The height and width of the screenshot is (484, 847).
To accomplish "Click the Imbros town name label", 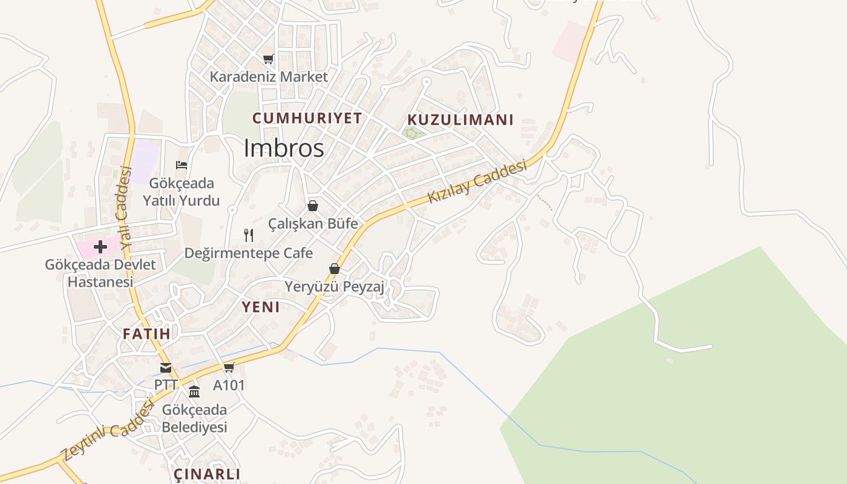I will (284, 148).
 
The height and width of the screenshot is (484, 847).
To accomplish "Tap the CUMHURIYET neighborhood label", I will (307, 118).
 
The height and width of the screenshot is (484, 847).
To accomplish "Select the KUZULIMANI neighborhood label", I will (460, 120).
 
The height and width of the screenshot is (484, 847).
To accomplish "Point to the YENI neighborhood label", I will (261, 307).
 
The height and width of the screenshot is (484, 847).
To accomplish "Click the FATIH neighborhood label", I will (146, 333).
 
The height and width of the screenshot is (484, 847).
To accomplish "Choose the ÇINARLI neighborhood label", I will (207, 474).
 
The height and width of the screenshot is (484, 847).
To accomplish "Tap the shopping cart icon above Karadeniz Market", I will (269, 59).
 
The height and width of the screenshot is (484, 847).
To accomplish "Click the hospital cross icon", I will (100, 246).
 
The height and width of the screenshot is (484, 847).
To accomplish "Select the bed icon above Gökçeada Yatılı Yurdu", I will (181, 165).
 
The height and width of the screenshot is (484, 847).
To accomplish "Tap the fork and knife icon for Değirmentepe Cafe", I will (249, 235).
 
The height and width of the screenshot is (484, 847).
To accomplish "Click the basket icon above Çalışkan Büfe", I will (313, 206).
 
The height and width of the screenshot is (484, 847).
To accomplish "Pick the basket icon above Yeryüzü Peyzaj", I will (335, 269).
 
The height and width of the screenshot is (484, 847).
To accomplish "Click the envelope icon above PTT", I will (166, 367).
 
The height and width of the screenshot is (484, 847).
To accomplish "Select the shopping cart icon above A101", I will (229, 367).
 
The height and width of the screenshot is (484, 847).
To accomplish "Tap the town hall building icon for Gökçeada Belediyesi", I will (194, 391).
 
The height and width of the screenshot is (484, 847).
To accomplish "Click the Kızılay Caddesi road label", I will (477, 181).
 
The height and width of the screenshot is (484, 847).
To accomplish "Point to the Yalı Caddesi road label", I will (125, 208).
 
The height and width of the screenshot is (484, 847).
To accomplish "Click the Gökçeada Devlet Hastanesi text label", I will (100, 273).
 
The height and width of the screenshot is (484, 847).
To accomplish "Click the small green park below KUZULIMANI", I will (413, 132).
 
